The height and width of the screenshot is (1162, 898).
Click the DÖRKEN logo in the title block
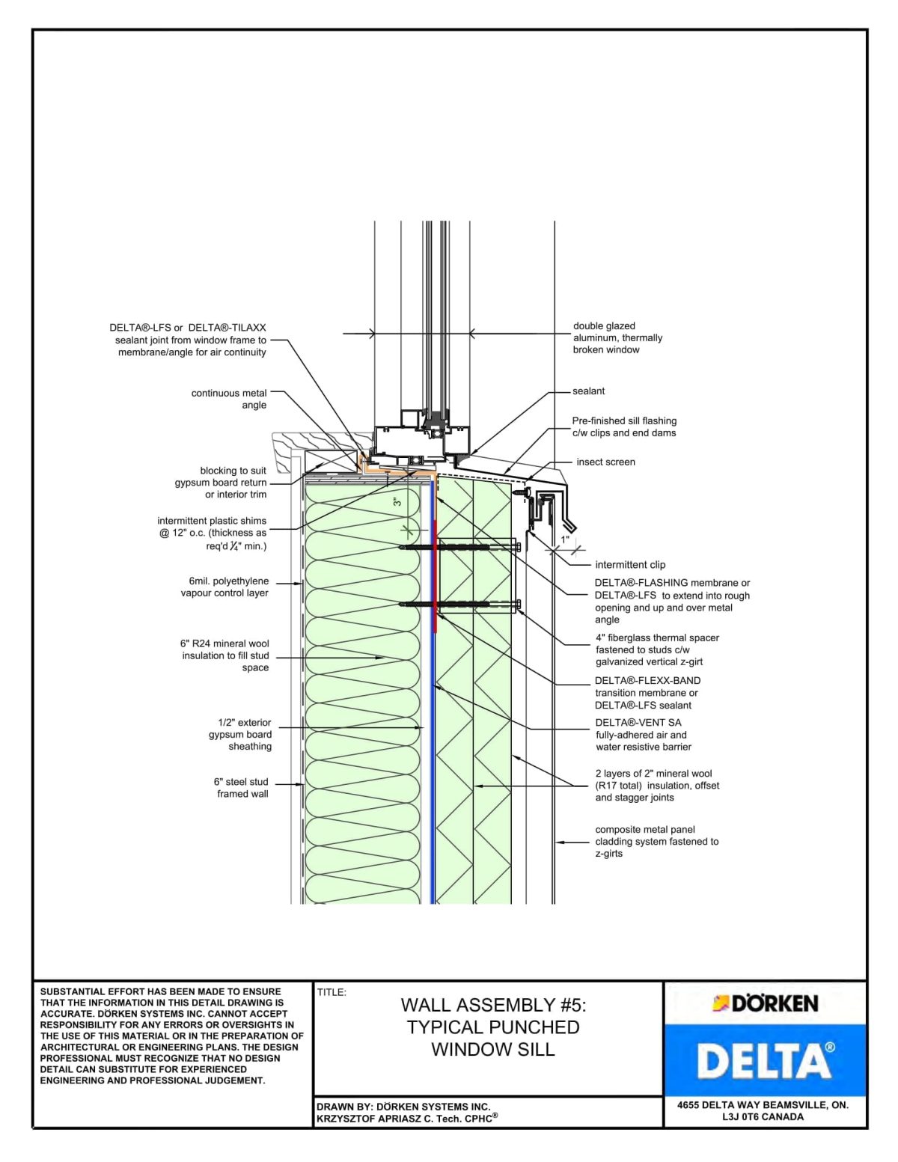point(765,1003)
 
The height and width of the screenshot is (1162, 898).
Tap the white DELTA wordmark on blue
point(765,1061)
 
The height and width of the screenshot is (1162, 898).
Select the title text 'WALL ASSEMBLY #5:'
point(493,1005)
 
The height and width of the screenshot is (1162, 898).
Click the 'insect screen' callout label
point(605,462)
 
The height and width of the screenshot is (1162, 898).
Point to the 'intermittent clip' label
point(629,565)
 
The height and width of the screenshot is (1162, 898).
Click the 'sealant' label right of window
point(588,391)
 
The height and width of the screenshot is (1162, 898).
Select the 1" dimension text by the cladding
point(566,539)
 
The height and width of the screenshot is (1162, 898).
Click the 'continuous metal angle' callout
point(229,399)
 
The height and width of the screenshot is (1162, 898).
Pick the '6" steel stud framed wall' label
point(241,788)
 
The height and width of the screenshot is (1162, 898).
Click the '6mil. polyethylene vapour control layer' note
point(224,587)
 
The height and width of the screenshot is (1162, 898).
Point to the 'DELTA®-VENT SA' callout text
point(638,723)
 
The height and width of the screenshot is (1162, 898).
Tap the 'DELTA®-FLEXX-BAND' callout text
point(647,681)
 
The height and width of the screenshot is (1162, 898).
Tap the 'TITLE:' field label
point(332,993)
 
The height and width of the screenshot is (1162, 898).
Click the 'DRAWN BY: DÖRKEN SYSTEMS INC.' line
point(403,1107)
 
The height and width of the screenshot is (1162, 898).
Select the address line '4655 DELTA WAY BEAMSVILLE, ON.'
point(763,1105)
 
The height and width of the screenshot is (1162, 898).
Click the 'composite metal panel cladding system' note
point(656,842)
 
